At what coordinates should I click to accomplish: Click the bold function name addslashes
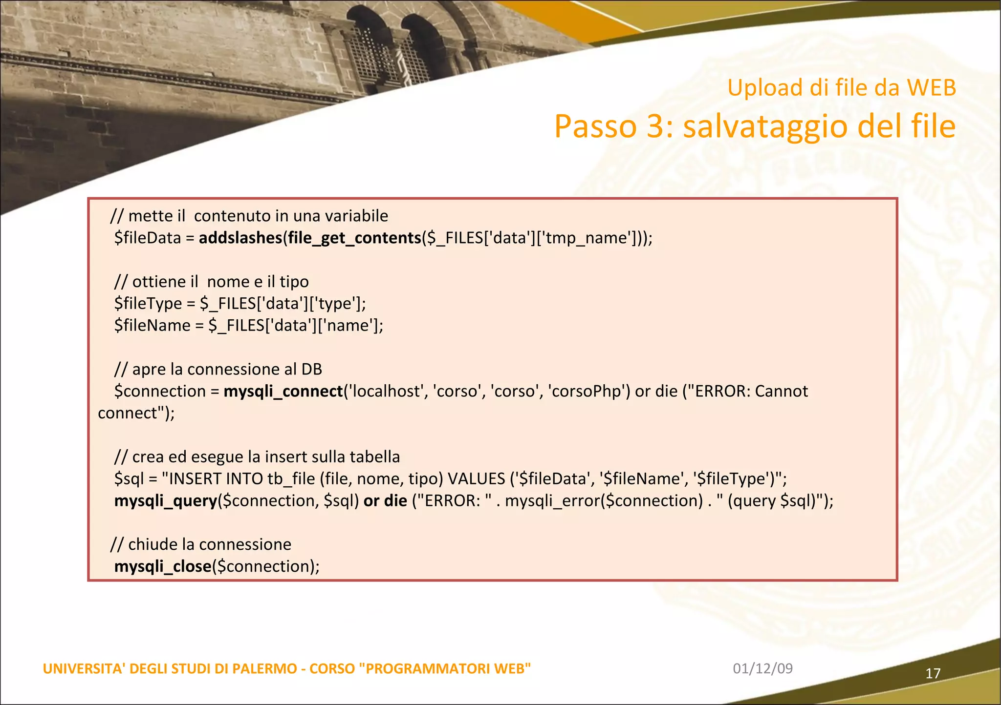[x=240, y=238]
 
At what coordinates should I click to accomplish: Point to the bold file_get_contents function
[x=354, y=238]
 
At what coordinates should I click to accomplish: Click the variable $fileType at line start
[x=148, y=304]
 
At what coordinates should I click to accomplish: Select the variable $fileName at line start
[x=152, y=326]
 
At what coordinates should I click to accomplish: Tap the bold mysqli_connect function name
[x=283, y=392]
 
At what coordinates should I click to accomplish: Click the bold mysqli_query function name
[x=165, y=501]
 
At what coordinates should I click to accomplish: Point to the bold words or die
[x=385, y=501]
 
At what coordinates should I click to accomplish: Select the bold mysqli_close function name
[x=163, y=567]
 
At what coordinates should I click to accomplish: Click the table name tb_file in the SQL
[x=291, y=479]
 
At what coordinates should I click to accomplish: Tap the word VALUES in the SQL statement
[x=476, y=479]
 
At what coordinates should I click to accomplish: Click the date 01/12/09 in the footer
[x=762, y=668]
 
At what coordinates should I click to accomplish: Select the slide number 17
[x=933, y=674]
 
